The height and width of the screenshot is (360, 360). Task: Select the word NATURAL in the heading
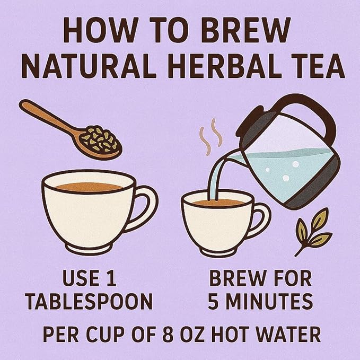[90, 66]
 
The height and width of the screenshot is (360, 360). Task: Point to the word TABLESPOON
[90, 301]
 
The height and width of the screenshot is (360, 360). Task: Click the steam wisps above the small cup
[210, 137]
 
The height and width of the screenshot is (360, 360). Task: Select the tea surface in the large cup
[89, 187]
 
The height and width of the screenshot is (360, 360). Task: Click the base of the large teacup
[89, 247]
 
